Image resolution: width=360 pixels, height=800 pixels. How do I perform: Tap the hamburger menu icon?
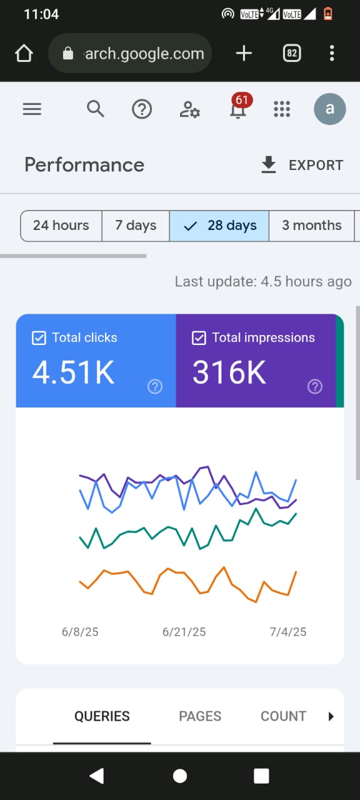point(32,109)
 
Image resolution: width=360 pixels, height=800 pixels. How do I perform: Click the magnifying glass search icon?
point(96,109)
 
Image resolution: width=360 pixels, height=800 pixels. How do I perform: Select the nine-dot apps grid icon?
point(282,109)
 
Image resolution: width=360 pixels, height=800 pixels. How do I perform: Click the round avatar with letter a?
point(329,109)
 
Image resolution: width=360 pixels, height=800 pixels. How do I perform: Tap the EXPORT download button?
point(302,165)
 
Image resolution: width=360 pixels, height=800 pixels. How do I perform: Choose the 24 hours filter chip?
point(61,226)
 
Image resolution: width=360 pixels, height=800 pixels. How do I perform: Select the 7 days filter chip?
point(136,226)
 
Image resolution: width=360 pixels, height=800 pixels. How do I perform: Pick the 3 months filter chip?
point(312,226)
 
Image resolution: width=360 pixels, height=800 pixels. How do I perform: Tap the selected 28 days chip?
point(219,226)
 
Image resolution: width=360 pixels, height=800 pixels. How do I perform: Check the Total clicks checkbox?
point(39,338)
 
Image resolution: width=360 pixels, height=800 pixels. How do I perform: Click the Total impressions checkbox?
point(199,338)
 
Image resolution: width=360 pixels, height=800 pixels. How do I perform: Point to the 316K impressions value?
point(229,372)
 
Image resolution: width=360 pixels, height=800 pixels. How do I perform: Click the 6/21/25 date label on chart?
point(184,632)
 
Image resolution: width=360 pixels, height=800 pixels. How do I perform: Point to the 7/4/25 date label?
point(288,632)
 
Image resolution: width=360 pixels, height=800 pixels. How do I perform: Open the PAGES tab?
point(200,716)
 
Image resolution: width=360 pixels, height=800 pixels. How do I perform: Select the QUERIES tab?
point(102,716)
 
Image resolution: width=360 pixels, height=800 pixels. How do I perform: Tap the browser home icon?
point(24,53)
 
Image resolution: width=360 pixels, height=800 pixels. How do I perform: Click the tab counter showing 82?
point(292,53)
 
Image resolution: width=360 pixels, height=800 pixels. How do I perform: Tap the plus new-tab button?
point(244,53)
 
